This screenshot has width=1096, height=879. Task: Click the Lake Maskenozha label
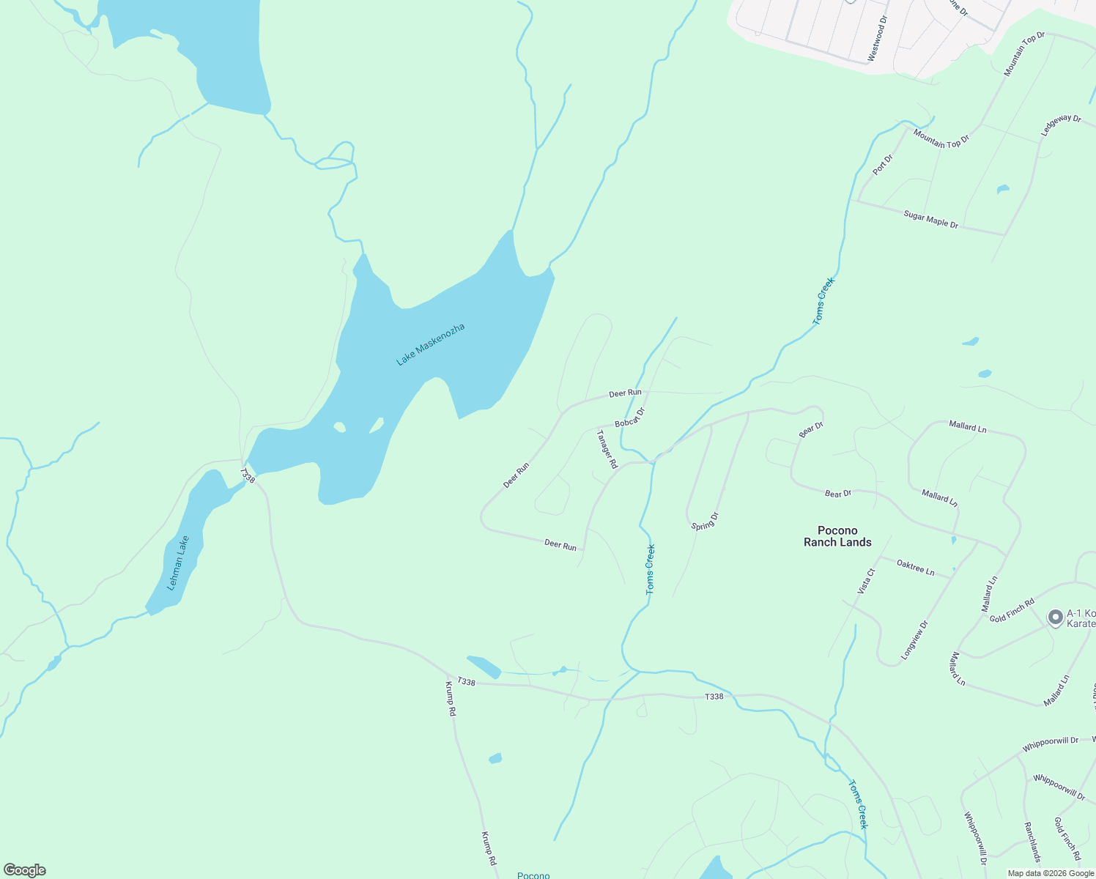pyautogui.click(x=430, y=344)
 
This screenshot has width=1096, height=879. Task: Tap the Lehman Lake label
pyautogui.click(x=178, y=563)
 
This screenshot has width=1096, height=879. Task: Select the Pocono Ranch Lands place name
pyautogui.click(x=837, y=536)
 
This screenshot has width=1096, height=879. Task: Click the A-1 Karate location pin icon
pyautogui.click(x=1055, y=617)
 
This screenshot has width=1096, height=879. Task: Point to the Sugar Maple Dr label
pyautogui.click(x=930, y=219)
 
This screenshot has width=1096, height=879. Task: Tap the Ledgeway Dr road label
pyautogui.click(x=1061, y=125)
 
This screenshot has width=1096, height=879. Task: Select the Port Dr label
pyautogui.click(x=883, y=165)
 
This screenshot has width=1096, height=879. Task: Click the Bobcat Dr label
pyautogui.click(x=629, y=418)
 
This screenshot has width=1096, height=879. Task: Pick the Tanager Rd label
pyautogui.click(x=607, y=448)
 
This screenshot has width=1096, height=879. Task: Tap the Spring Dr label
pyautogui.click(x=705, y=522)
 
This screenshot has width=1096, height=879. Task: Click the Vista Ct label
pyautogui.click(x=866, y=581)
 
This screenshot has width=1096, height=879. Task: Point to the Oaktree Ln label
pyautogui.click(x=915, y=567)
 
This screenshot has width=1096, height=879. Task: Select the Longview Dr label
pyautogui.click(x=914, y=640)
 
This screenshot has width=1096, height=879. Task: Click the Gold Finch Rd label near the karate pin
pyautogui.click(x=1012, y=611)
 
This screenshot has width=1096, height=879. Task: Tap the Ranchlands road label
pyautogui.click(x=1032, y=840)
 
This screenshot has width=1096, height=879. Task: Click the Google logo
pyautogui.click(x=24, y=870)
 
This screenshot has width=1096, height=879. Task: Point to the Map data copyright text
pyautogui.click(x=1051, y=873)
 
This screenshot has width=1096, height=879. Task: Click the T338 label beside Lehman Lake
pyautogui.click(x=248, y=476)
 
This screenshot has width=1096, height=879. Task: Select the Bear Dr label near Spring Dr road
pyautogui.click(x=811, y=430)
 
